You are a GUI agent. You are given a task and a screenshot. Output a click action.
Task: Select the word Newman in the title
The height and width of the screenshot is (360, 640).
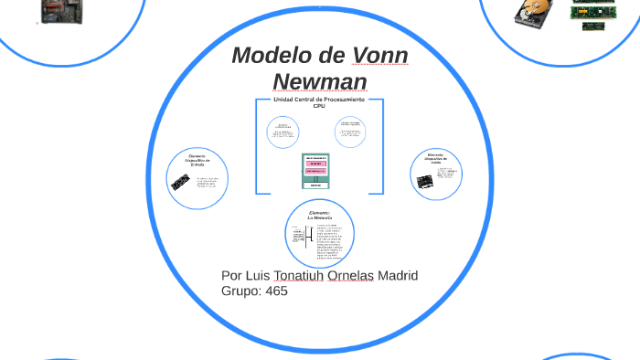320,82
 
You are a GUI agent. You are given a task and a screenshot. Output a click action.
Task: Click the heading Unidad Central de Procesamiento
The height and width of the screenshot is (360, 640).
319,100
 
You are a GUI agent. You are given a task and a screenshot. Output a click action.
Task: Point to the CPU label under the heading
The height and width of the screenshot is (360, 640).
319,106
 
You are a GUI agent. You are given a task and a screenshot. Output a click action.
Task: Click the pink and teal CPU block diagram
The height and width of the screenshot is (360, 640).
315,171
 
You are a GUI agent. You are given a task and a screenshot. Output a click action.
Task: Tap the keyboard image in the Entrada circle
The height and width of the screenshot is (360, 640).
180,183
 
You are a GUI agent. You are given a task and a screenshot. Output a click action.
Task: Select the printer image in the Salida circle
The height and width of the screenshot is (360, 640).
424,181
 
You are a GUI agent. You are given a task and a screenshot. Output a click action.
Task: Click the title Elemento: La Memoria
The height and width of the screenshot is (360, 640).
319,216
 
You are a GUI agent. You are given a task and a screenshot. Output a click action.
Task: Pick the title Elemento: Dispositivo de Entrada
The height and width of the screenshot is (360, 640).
198,161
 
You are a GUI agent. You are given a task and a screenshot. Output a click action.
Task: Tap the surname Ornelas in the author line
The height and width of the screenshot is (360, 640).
348,276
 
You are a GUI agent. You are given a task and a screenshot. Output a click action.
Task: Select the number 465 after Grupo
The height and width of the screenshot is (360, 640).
275,291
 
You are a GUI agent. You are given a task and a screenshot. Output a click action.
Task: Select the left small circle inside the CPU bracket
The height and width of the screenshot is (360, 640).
283,132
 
